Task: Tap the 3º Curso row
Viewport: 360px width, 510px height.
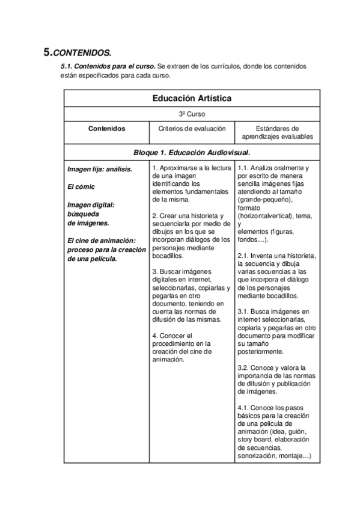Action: click(192, 114)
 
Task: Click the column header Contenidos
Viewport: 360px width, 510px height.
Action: click(106, 128)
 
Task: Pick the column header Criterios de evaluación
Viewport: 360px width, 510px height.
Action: click(192, 128)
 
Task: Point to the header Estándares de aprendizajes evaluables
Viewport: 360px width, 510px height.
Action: click(277, 132)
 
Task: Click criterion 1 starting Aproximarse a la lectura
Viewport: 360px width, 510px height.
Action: click(191, 183)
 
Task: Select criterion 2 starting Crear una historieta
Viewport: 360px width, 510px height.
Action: click(191, 236)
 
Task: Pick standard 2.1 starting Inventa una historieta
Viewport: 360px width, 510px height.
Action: click(276, 276)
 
